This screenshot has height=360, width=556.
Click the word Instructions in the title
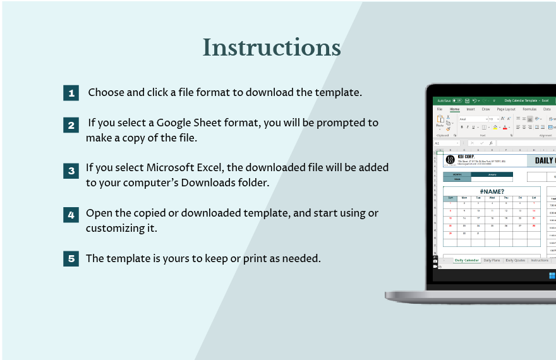coord(272,48)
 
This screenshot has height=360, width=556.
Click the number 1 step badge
coord(71,93)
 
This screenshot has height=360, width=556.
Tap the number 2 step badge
coord(71,124)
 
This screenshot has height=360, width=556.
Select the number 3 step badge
coord(71,171)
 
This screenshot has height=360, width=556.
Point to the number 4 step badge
coord(71,215)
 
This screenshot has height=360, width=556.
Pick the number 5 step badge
coord(71,258)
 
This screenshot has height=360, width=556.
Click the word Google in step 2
coord(176,123)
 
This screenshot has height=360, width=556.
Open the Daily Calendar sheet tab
coord(467,260)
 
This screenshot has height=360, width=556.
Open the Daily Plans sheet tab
coord(492,260)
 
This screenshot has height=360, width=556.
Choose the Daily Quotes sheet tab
coord(515,260)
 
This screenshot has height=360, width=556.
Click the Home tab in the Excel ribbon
coord(454,109)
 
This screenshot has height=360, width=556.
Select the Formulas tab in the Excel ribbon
coord(529,109)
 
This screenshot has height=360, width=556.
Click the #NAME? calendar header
coord(492,191)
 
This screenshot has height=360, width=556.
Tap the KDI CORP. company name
coord(466,156)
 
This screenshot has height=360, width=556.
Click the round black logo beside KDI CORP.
coord(450,160)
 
